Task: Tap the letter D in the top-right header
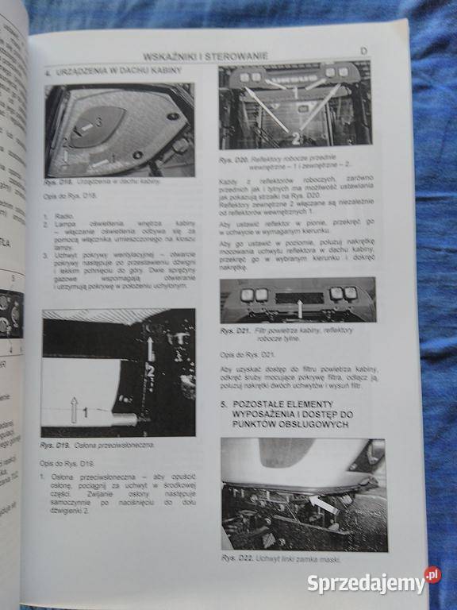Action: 364,52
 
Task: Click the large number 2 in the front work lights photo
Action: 294,137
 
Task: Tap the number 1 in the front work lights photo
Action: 294,92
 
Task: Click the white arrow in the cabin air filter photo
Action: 300,301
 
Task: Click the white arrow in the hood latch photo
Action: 322,505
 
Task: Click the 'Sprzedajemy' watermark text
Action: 366,584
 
